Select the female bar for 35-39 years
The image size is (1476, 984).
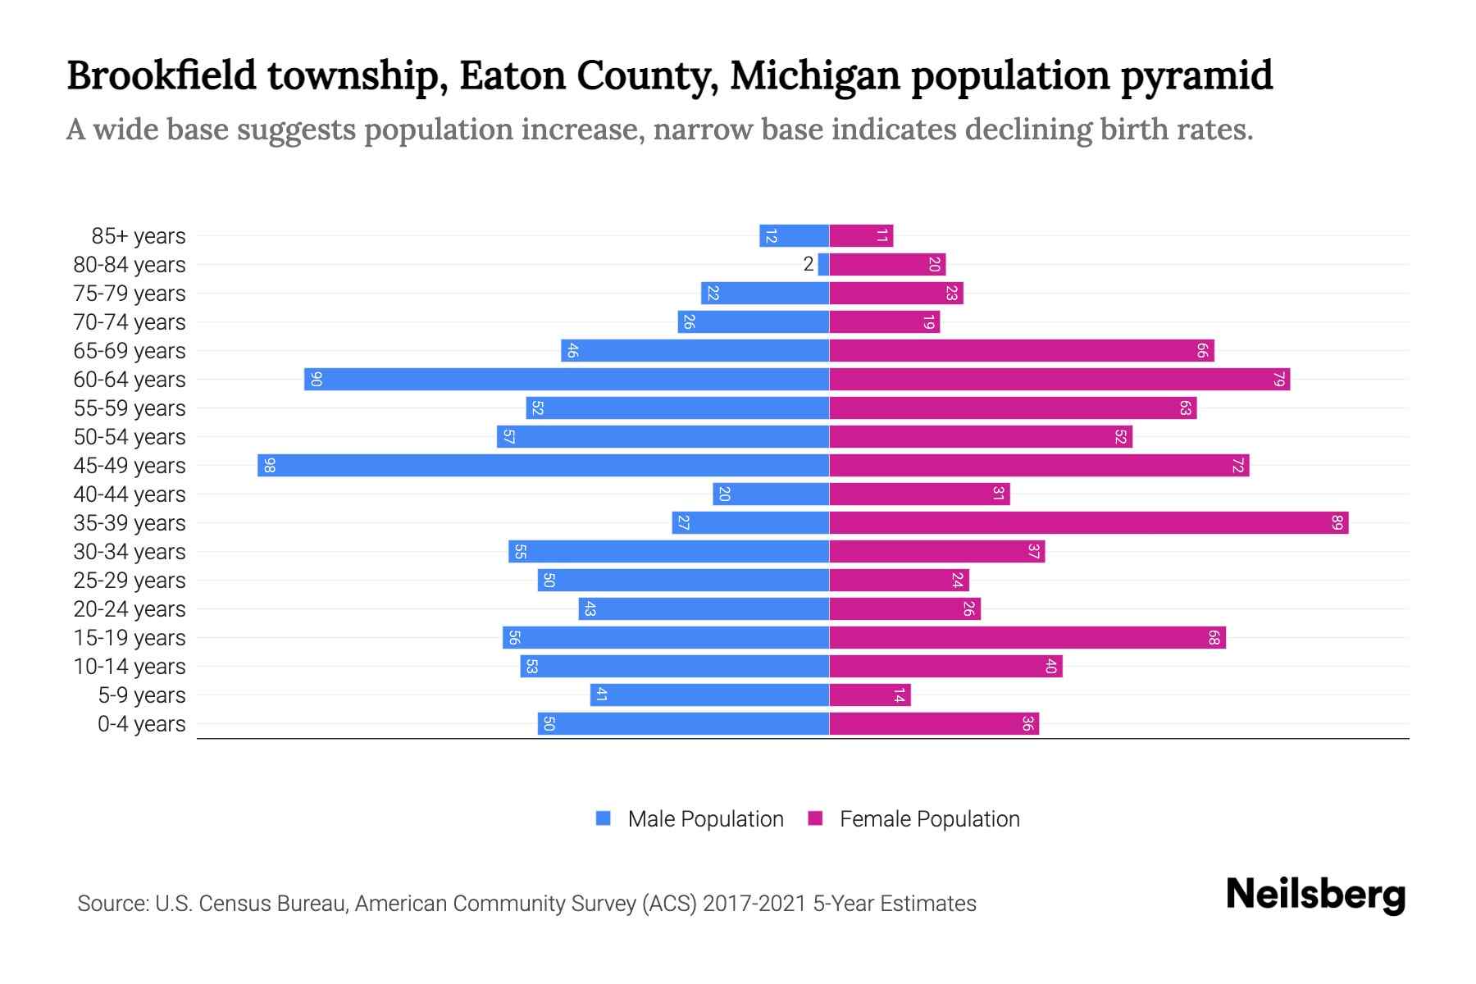point(1088,522)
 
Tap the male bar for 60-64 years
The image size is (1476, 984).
point(566,379)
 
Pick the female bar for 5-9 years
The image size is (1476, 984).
point(869,695)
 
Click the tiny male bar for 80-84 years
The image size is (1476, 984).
point(823,264)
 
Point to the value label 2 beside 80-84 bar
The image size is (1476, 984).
point(809,264)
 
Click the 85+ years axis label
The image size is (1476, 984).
point(138,236)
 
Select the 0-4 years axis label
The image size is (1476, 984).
point(141,724)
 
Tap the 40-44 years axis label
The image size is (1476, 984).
point(130,494)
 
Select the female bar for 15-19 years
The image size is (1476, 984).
point(1027,637)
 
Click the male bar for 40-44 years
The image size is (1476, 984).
point(771,494)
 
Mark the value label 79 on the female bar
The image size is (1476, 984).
point(1278,379)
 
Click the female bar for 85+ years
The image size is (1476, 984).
point(861,235)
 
